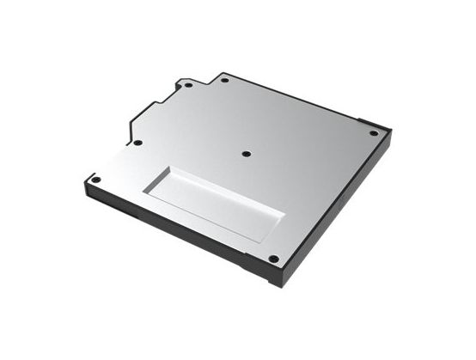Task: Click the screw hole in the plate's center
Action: click(x=246, y=154)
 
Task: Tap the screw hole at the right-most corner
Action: click(x=373, y=133)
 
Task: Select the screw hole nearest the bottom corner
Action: click(x=272, y=258)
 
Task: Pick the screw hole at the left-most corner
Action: click(x=96, y=180)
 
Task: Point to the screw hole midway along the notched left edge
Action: click(x=137, y=143)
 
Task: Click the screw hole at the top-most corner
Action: click(x=224, y=81)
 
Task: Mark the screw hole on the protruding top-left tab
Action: click(x=187, y=87)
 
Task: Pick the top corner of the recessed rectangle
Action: click(x=173, y=166)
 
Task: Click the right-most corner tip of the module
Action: click(x=391, y=131)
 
